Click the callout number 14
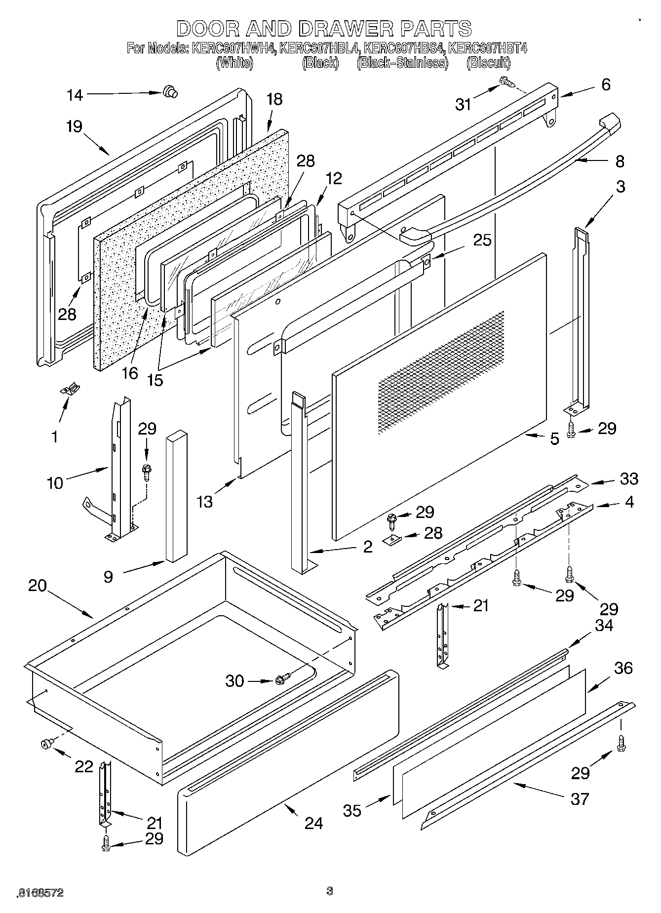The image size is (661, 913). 75,95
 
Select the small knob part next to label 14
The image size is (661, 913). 170,92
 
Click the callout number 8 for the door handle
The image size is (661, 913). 620,161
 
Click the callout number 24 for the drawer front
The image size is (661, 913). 314,823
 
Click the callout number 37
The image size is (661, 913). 580,798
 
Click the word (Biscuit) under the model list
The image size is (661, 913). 488,63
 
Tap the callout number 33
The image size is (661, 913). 629,478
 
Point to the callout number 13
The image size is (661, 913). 204,501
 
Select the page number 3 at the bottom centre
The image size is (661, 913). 330,891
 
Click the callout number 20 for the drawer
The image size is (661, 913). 37,586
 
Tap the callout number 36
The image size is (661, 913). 623,668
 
